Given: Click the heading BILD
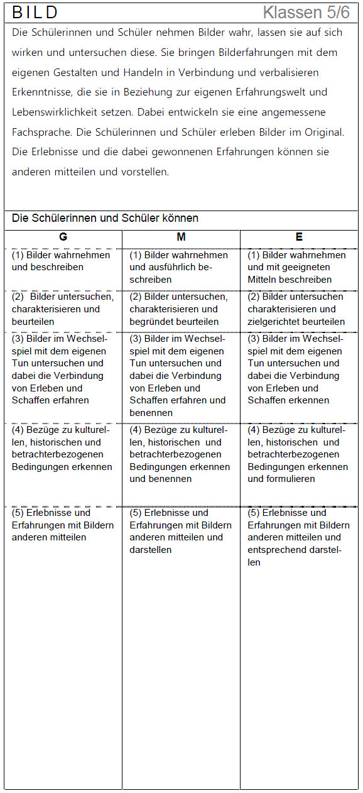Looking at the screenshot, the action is (35, 13).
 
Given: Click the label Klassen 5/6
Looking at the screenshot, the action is (306, 13).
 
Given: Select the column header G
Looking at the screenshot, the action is (63, 237).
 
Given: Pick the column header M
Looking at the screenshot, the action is (181, 237).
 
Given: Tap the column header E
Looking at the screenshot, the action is (299, 237).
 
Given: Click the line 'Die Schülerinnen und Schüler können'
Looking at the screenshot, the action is (105, 219).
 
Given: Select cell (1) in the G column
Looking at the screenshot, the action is (61, 261).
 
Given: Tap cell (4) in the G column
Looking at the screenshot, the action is (62, 449).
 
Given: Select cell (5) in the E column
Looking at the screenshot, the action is (298, 537).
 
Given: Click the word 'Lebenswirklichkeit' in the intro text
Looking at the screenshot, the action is (58, 112).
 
